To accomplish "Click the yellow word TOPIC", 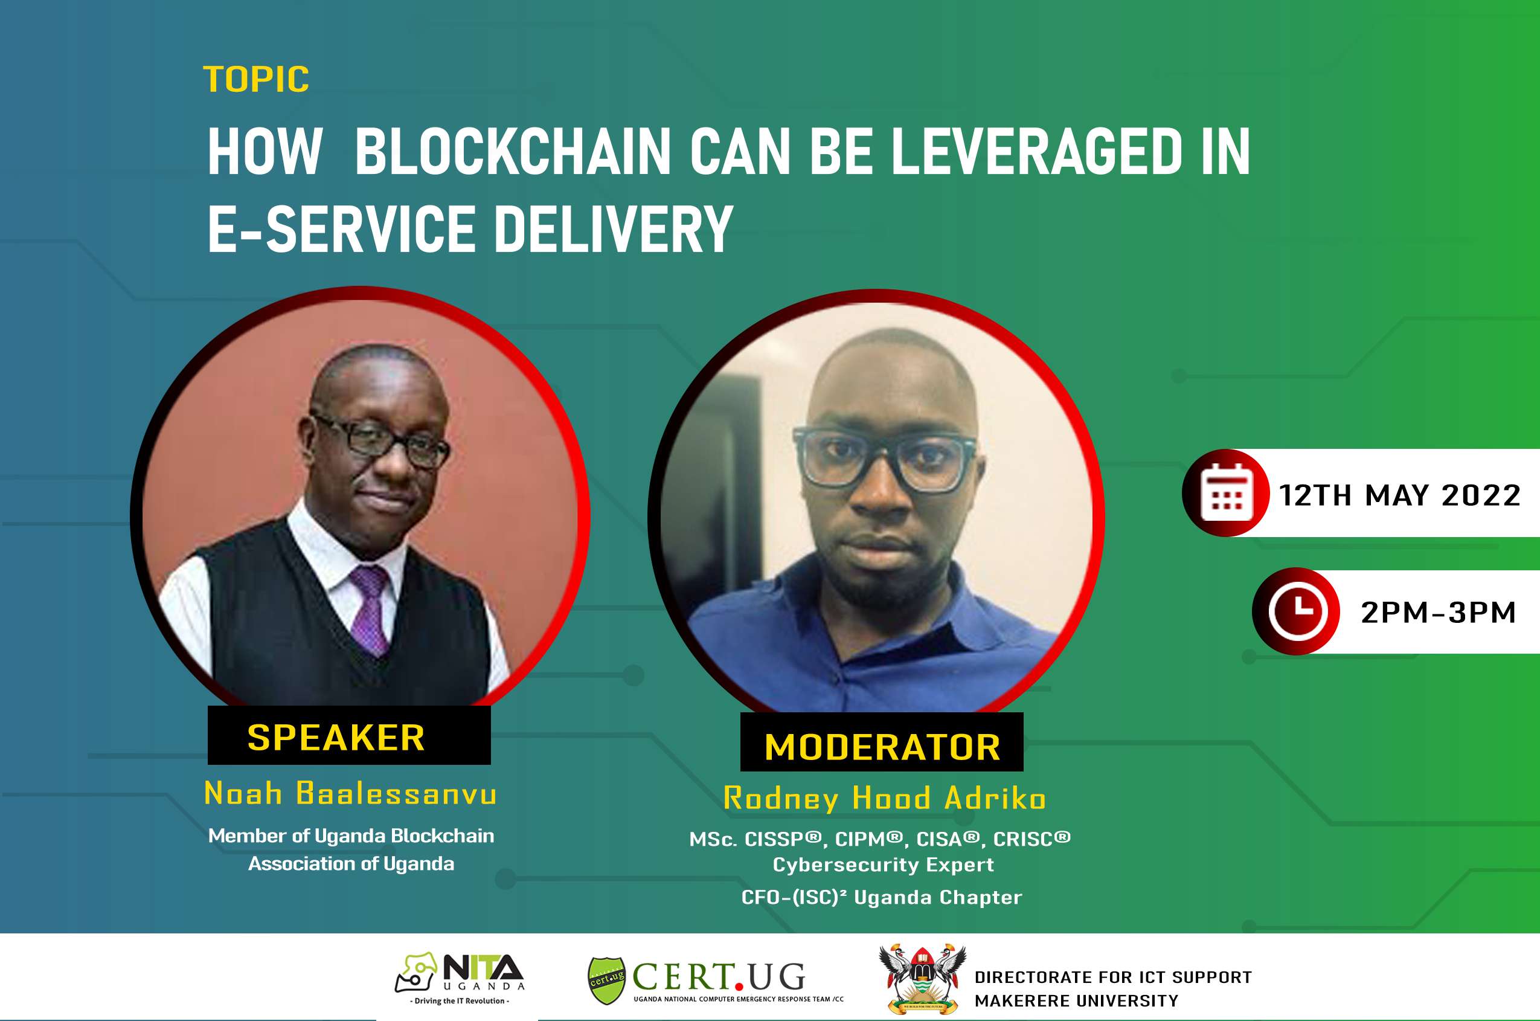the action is coord(256,79).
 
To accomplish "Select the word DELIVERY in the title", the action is coord(614,228).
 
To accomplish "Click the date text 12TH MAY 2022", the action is coord(1399,495).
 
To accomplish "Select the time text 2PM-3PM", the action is coord(1439,613).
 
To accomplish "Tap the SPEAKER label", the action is coord(336,738).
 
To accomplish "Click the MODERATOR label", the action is coord(882,747).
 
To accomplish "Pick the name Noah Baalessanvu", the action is coord(350,793).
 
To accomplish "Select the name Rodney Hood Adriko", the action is coord(885,799).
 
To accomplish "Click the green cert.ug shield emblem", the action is coord(606,981).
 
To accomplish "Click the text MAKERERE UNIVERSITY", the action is coord(1077,1001).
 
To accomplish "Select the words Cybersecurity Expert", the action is coord(884,865).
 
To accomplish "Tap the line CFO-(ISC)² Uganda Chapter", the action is coord(882,897).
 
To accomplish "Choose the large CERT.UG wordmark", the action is coord(719,977).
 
